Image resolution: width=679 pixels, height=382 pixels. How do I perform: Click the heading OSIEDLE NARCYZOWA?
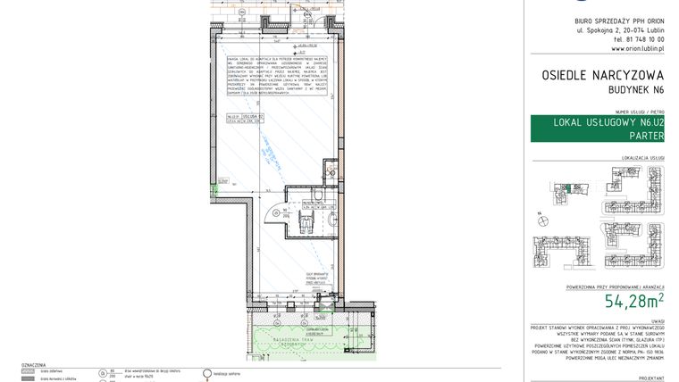[603, 77]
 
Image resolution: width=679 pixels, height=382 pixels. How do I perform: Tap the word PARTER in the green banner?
[645, 136]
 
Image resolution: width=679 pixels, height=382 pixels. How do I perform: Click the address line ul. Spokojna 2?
[621, 29]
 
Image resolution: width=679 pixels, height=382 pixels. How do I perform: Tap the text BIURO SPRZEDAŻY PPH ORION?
[621, 20]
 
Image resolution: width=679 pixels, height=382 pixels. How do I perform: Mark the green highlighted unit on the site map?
[565, 187]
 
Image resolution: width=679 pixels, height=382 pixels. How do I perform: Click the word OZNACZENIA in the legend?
[34, 365]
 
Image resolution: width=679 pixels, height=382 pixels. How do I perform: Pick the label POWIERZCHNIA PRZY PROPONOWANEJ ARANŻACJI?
[616, 288]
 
